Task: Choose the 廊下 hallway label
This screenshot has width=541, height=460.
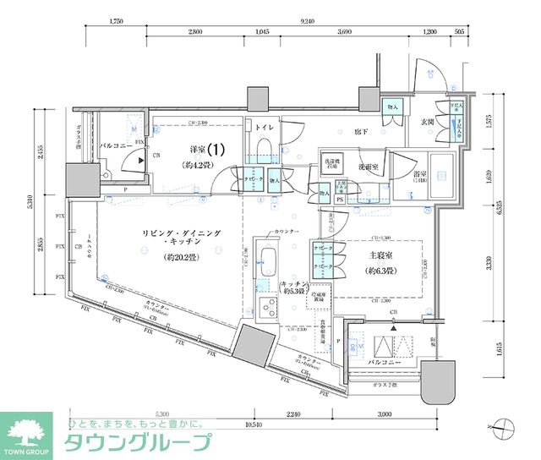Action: (x=361, y=131)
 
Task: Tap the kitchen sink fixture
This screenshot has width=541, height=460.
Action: (x=268, y=260)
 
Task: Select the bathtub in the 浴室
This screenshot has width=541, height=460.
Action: (x=441, y=177)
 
